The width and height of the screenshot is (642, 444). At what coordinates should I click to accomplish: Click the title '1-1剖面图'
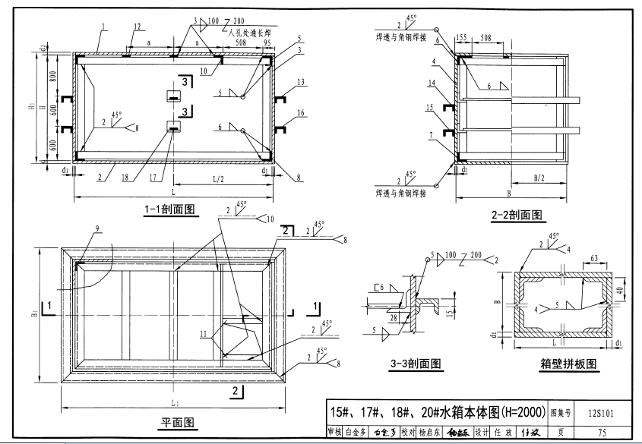[x=170, y=210]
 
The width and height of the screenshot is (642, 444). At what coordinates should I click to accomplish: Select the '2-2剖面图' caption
[x=517, y=215]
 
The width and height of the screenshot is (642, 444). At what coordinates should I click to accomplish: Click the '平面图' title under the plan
[x=179, y=421]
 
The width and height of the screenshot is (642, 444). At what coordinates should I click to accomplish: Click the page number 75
[x=602, y=433]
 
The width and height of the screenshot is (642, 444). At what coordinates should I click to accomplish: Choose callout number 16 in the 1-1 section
[x=301, y=112]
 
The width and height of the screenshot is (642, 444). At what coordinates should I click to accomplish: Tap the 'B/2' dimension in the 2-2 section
[x=539, y=178]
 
